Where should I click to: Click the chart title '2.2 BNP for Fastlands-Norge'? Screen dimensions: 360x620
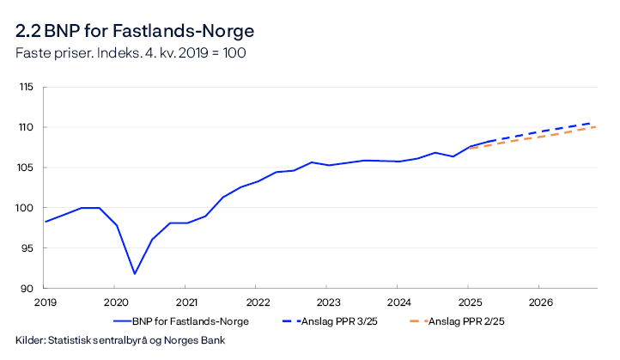coord(134,32)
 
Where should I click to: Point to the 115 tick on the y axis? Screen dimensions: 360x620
coord(26,87)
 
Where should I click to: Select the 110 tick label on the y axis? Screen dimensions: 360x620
coord(26,127)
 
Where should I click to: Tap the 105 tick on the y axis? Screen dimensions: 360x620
coord(26,168)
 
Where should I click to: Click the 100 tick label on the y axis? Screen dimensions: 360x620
coord(26,208)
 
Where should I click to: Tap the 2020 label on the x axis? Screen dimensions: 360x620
coord(115,302)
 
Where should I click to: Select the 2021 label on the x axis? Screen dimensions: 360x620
coord(185,302)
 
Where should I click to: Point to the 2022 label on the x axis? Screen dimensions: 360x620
coord(256,302)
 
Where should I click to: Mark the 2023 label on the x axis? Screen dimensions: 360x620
coord(326,302)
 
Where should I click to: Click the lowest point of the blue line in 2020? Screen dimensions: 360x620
coord(134,274)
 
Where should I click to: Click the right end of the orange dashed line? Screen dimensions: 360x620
coord(595,127)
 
